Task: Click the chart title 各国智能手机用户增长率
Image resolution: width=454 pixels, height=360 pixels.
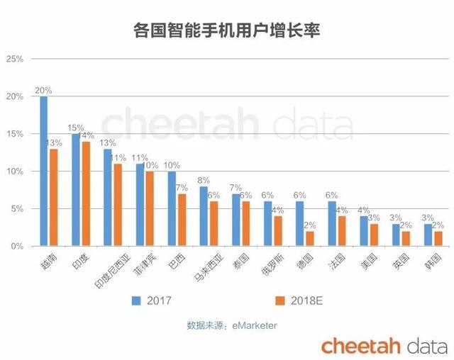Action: point(226,30)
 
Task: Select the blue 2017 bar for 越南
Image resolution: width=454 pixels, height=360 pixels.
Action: point(44,171)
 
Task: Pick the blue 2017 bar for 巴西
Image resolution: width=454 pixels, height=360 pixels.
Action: point(172,208)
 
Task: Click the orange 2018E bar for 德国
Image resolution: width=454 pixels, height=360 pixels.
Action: point(309,239)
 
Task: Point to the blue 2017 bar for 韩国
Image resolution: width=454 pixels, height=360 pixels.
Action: point(428,235)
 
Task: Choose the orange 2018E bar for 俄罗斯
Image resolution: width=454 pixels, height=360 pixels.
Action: point(277,231)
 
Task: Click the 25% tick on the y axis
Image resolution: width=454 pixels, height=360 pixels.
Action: point(15,59)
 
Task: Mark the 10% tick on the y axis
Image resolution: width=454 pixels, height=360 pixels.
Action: point(15,171)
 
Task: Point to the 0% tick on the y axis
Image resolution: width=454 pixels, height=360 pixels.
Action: point(17,247)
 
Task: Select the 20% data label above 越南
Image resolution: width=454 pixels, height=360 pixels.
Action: point(43,91)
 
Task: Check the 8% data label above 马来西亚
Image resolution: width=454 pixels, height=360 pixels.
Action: point(204,181)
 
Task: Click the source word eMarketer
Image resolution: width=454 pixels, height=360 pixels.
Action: point(252,325)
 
